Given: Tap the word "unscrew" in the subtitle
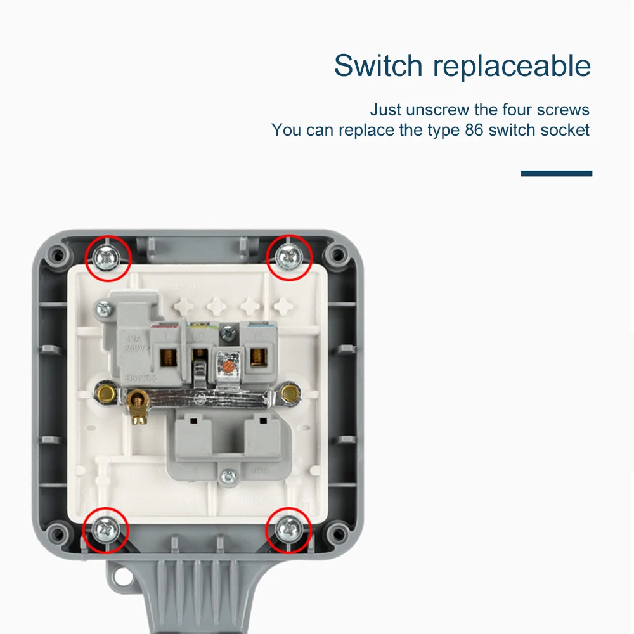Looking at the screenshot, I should (437, 110).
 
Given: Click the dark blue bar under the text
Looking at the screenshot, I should (556, 173).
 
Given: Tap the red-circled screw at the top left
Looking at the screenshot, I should (107, 256).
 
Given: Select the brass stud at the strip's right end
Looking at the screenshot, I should (290, 394).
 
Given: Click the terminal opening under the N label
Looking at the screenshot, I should (256, 358).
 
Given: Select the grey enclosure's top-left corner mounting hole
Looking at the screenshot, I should (58, 255).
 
